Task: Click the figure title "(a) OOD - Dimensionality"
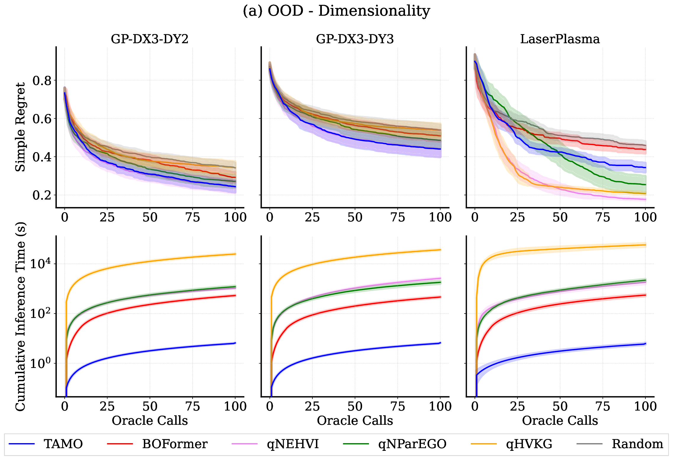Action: click(336, 11)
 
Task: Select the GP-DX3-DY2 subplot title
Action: click(150, 39)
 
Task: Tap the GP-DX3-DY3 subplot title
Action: click(355, 39)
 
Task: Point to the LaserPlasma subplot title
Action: click(560, 39)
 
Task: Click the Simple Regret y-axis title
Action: click(20, 127)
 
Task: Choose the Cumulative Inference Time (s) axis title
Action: click(20, 316)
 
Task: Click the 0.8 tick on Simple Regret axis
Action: click(42, 81)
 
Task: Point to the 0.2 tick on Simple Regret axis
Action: click(42, 195)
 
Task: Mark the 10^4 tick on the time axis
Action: click(40, 263)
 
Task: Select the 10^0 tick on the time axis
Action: click(40, 363)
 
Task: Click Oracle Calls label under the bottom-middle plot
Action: click(355, 421)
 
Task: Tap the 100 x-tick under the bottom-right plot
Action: click(645, 406)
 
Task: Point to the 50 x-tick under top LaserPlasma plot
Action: click(560, 218)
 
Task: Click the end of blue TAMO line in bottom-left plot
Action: click(235, 343)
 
